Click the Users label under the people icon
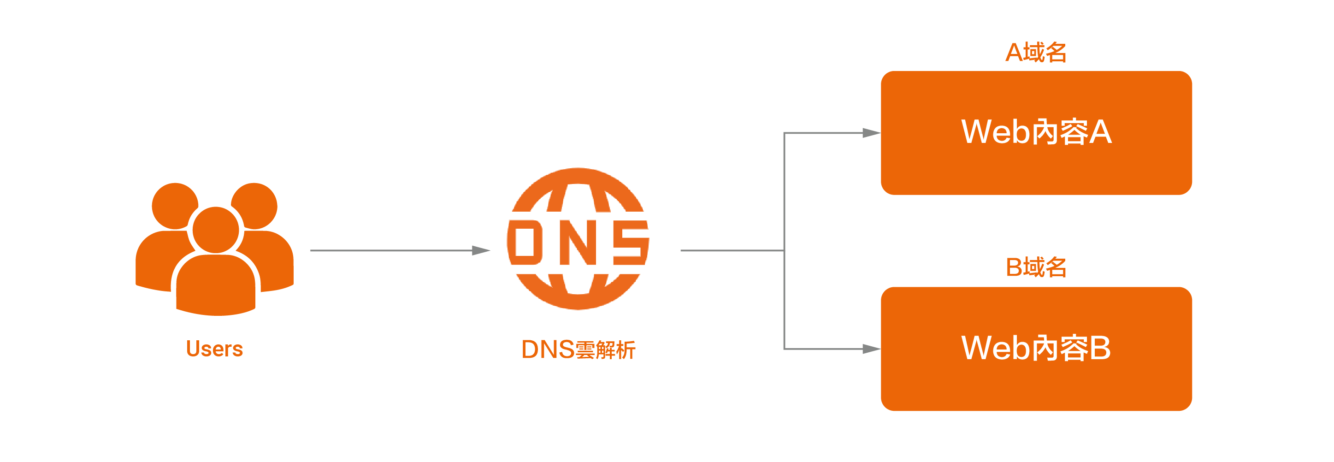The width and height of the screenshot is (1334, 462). tap(214, 349)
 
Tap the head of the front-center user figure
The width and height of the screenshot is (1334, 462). tap(215, 230)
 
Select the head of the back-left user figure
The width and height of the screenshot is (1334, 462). tap(175, 206)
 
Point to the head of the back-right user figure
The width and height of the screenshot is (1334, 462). tap(255, 205)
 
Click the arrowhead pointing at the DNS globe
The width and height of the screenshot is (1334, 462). tap(482, 251)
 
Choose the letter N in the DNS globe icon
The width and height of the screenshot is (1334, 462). tap(578, 242)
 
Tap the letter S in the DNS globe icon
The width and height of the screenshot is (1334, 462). tap(629, 242)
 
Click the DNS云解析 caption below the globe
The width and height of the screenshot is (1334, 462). tap(578, 349)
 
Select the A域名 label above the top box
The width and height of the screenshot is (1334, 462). tap(1036, 52)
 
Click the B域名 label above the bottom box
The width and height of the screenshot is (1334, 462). tap(1036, 268)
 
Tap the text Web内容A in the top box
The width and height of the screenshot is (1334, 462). tap(1036, 132)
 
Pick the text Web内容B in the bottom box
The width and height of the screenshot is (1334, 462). tap(1036, 348)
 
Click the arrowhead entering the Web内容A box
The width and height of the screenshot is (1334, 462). tap(872, 133)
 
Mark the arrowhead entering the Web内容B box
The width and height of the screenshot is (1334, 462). tap(872, 349)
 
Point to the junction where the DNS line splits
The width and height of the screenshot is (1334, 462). tap(784, 251)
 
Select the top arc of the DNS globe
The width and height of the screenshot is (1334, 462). tap(578, 176)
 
